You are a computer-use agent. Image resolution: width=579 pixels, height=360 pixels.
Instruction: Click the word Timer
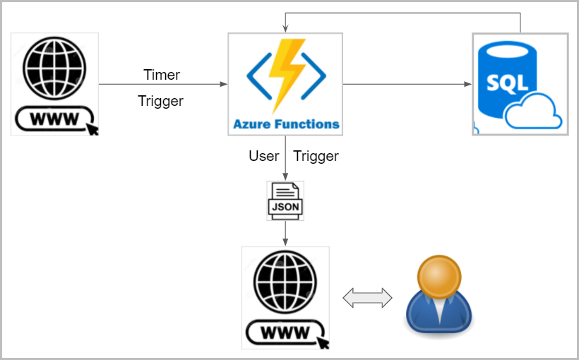(x=162, y=75)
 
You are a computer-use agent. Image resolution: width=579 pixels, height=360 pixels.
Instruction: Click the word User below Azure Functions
(x=263, y=156)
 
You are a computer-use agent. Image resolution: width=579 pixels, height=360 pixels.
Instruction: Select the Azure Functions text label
(x=286, y=124)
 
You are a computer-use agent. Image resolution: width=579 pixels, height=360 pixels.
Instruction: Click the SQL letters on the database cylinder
(x=508, y=82)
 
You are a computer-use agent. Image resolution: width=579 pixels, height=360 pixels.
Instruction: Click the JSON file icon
(x=285, y=200)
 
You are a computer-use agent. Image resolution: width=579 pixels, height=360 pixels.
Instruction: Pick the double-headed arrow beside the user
(x=367, y=297)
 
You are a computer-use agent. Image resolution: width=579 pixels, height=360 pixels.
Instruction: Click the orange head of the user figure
(x=439, y=277)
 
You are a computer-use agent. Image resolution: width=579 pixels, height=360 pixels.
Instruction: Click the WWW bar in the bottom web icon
(x=285, y=332)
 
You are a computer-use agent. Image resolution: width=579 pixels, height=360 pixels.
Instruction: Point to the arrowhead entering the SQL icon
(x=468, y=85)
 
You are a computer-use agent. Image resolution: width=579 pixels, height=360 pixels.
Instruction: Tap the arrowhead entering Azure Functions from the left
(x=224, y=85)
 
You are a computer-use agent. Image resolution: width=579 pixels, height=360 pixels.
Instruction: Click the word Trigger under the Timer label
(x=160, y=101)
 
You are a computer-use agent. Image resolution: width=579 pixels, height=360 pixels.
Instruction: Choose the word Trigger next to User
(x=316, y=156)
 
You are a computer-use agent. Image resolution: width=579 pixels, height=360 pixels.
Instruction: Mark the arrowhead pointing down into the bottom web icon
(x=285, y=243)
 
